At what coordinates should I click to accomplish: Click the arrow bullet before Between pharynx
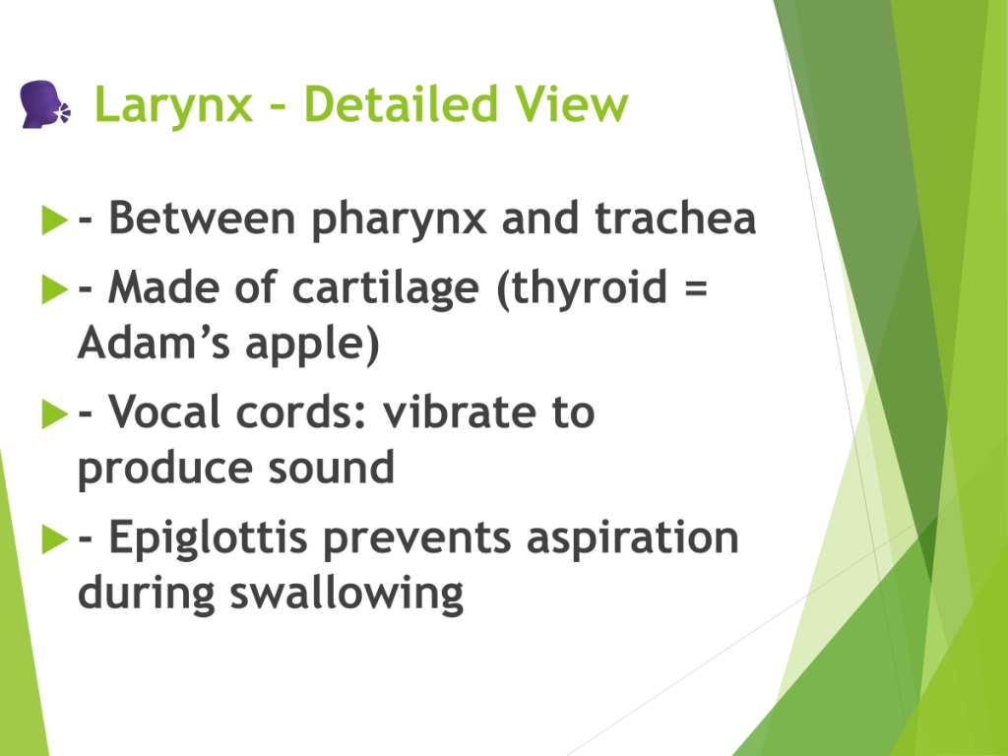pyautogui.click(x=55, y=220)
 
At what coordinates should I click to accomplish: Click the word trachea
pyautogui.click(x=675, y=218)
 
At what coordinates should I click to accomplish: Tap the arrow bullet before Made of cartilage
pyautogui.click(x=55, y=288)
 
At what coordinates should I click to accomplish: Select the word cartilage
pyautogui.click(x=386, y=288)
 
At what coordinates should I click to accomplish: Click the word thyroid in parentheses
pyautogui.click(x=583, y=288)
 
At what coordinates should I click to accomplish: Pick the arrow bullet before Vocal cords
pyautogui.click(x=55, y=413)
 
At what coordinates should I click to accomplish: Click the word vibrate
pyautogui.click(x=459, y=411)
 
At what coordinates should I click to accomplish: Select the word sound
pyautogui.click(x=331, y=467)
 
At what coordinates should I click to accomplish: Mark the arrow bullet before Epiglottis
pyautogui.click(x=55, y=538)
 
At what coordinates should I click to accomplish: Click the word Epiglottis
pyautogui.click(x=209, y=538)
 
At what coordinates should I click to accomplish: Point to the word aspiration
pyautogui.click(x=633, y=538)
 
